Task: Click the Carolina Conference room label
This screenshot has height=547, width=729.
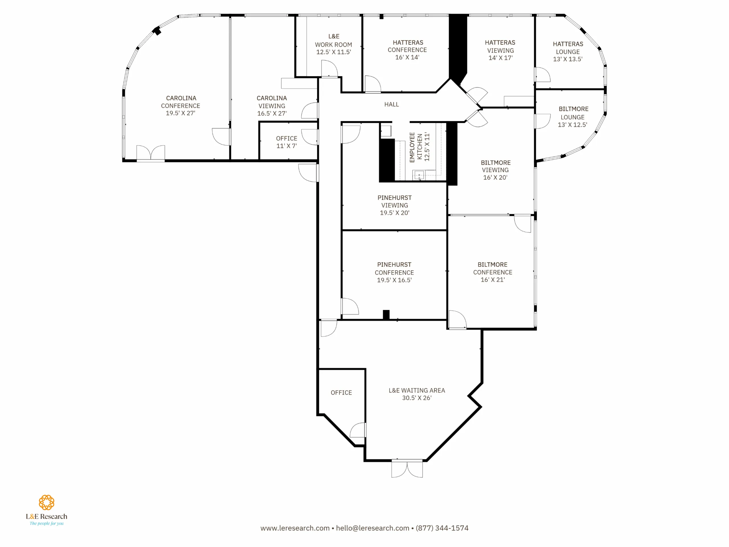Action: tap(181, 105)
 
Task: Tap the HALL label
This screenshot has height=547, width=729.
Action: tap(392, 105)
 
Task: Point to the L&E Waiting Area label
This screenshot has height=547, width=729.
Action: tap(417, 394)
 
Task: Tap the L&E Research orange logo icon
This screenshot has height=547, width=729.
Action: tap(46, 502)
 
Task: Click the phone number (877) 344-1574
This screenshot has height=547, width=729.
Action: tap(442, 528)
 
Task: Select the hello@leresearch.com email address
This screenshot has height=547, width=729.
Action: tap(372, 528)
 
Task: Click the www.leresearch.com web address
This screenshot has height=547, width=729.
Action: tap(295, 528)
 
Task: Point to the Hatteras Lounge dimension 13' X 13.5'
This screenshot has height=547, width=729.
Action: tap(568, 59)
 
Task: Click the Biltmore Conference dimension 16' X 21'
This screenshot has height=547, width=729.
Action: tap(493, 279)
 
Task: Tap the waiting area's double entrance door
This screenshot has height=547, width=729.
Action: tap(407, 468)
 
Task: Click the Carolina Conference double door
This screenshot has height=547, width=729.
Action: tap(151, 153)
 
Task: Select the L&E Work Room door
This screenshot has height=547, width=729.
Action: tap(329, 69)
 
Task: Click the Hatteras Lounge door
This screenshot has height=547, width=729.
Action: tap(542, 75)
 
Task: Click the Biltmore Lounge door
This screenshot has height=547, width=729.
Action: tap(542, 121)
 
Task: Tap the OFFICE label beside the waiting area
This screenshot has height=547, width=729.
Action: tap(341, 393)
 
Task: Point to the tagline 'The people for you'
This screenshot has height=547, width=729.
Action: tap(46, 523)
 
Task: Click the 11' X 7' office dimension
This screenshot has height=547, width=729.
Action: tap(286, 146)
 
